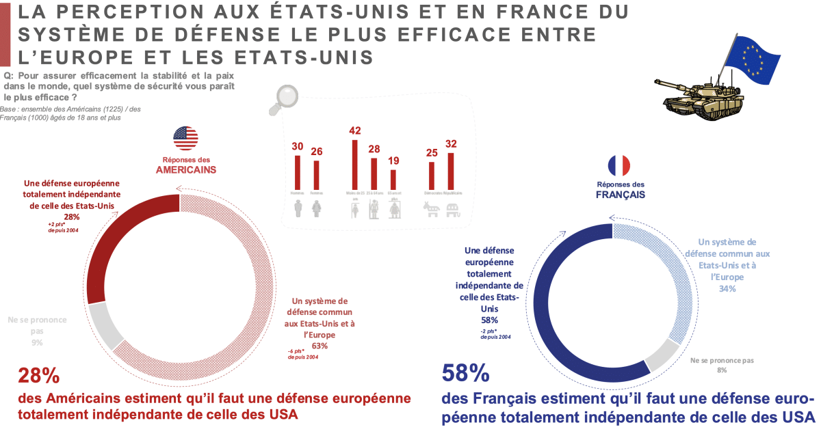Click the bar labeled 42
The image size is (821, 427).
pyautogui.click(x=354, y=164)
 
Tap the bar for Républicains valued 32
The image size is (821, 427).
pyautogui.click(x=450, y=171)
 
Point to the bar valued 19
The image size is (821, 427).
pyautogui.click(x=393, y=179)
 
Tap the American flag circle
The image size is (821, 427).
pyautogui.click(x=185, y=138)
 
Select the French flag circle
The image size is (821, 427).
pyautogui.click(x=619, y=166)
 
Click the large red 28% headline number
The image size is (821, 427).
pyautogui.click(x=38, y=376)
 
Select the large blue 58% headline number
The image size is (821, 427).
pyautogui.click(x=466, y=374)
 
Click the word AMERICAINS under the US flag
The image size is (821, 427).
pyautogui.click(x=185, y=169)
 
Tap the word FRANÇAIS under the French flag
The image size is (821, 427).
pyautogui.click(x=619, y=194)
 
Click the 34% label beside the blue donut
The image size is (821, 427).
pyautogui.click(x=727, y=289)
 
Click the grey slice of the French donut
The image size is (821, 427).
pyautogui.click(x=661, y=353)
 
